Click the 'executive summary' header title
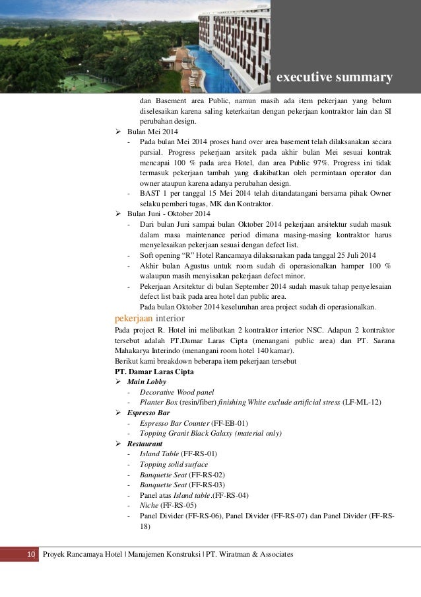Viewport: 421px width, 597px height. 334,79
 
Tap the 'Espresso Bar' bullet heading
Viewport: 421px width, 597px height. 150,413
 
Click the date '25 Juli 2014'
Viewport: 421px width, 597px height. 353,256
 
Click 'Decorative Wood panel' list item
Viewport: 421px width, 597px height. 177,392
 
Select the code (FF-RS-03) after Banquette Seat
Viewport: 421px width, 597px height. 207,485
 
